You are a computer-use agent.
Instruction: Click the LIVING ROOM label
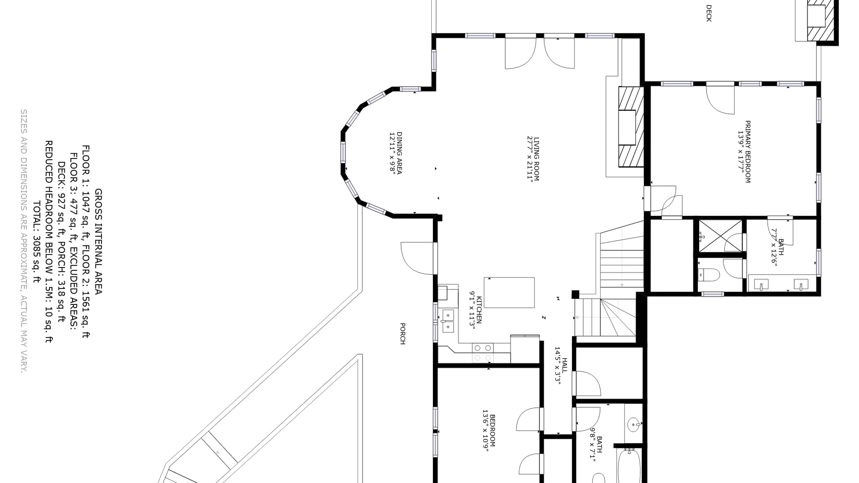tap(536, 158)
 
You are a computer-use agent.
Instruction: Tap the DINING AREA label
tap(399, 153)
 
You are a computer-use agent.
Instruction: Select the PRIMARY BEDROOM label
tap(748, 152)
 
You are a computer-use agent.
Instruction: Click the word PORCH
tap(402, 334)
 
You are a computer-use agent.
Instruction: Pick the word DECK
tap(709, 13)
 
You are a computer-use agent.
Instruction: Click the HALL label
tap(564, 365)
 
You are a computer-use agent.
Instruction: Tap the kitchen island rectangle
tap(509, 292)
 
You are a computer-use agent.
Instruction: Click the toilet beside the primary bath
tap(708, 275)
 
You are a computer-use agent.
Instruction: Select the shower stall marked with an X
tap(720, 236)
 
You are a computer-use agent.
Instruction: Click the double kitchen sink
tap(448, 321)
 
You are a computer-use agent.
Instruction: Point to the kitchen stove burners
tap(482, 353)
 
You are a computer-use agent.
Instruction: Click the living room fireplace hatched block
tap(631, 127)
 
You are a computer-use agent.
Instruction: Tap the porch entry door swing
tap(417, 258)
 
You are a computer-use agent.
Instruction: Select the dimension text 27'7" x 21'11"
tap(530, 159)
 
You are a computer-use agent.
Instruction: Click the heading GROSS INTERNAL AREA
tap(98, 242)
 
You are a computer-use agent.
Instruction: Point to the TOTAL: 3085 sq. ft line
tap(37, 243)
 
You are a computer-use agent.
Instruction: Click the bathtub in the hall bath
tap(629, 466)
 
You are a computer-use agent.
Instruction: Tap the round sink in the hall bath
tap(634, 425)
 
